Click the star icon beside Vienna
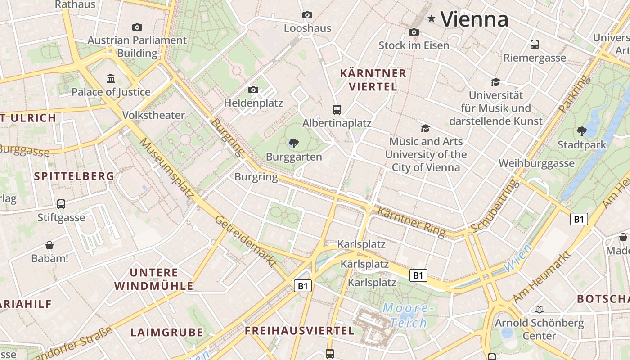pyautogui.click(x=432, y=18)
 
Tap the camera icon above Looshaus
pyautogui.click(x=307, y=15)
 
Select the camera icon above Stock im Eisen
pyautogui.click(x=414, y=32)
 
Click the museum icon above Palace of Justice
pyautogui.click(x=111, y=79)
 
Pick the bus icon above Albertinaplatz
pyautogui.click(x=337, y=109)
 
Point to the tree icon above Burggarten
pyautogui.click(x=294, y=144)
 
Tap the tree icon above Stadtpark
pyautogui.click(x=581, y=131)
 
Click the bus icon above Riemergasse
pyautogui.click(x=534, y=45)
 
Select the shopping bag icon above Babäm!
pyautogui.click(x=49, y=245)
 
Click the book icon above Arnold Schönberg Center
pyautogui.click(x=539, y=309)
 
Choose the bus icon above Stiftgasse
pyautogui.click(x=61, y=204)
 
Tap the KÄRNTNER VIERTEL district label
pyautogui.click(x=373, y=80)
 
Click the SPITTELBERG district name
pyautogui.click(x=74, y=176)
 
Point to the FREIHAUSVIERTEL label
pyautogui.click(x=299, y=331)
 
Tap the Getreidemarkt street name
pyautogui.click(x=245, y=241)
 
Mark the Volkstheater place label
pyautogui.click(x=153, y=115)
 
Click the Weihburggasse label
pyautogui.click(x=536, y=163)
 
